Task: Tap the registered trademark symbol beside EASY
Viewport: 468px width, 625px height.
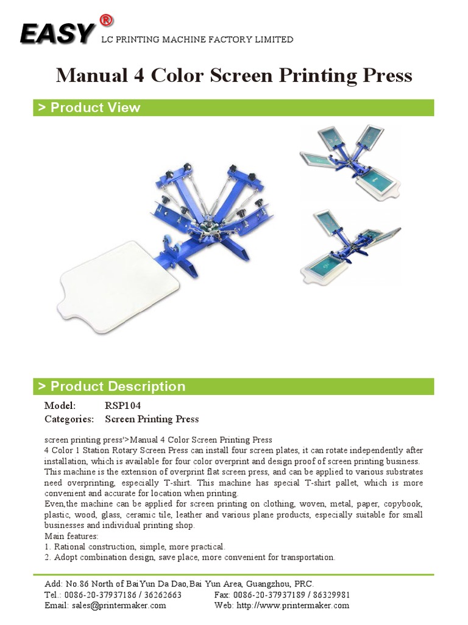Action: pyautogui.click(x=105, y=20)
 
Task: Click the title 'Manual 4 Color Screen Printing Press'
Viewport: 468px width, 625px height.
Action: pyautogui.click(x=234, y=76)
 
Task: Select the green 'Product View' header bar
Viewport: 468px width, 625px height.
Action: pyautogui.click(x=233, y=107)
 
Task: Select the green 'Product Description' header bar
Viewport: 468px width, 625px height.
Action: pyautogui.click(x=233, y=386)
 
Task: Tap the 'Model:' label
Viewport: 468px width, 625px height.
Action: pyautogui.click(x=60, y=406)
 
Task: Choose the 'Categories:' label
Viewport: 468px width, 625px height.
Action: pyautogui.click(x=69, y=419)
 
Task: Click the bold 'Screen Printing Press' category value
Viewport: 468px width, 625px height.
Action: pyautogui.click(x=152, y=419)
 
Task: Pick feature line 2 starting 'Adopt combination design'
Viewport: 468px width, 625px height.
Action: pyautogui.click(x=190, y=557)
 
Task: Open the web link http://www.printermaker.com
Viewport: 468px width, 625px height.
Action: pyautogui.click(x=293, y=605)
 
